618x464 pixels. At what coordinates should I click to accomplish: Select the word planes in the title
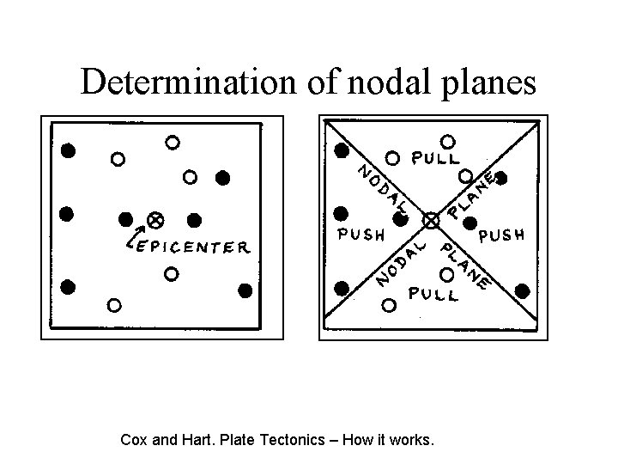484,82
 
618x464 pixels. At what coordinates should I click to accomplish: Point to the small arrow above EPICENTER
135,232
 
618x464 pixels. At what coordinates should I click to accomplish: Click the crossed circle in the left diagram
155,220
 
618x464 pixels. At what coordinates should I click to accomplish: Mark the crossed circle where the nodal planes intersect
432,221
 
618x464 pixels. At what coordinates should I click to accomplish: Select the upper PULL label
436,159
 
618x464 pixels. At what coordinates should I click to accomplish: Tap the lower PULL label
434,294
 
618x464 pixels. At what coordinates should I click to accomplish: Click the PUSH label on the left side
360,234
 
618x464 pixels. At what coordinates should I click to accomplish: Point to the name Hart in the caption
194,441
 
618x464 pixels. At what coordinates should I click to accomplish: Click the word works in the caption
413,441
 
